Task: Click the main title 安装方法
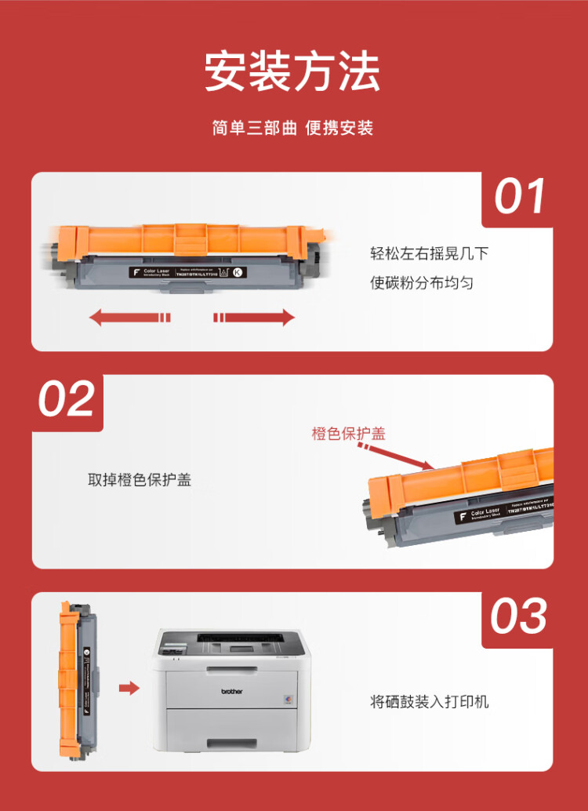click(292, 71)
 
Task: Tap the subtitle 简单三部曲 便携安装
click(292, 128)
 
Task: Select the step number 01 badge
click(520, 197)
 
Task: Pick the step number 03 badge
click(518, 616)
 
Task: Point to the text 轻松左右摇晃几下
click(430, 253)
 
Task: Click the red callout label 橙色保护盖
click(348, 434)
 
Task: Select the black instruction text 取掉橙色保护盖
click(140, 479)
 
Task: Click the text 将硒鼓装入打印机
click(430, 701)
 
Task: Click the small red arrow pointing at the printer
click(129, 689)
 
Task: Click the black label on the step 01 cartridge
click(184, 273)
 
